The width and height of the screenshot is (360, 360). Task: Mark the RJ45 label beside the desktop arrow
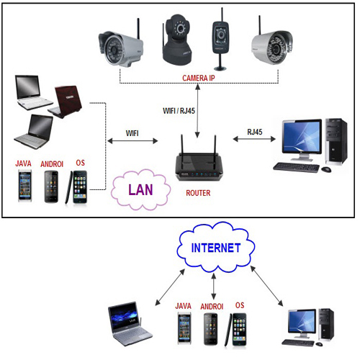[x=256, y=132]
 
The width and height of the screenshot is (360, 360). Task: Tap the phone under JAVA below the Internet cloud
[x=184, y=330]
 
